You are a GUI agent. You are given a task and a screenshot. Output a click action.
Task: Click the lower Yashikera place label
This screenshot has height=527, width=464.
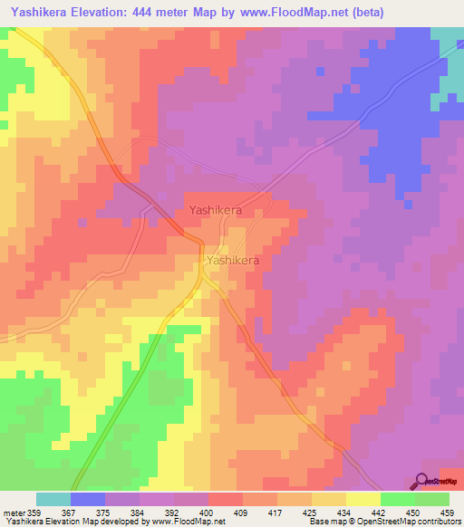tap(234, 260)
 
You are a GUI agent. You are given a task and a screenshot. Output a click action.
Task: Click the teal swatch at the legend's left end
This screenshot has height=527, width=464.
tap(53, 499)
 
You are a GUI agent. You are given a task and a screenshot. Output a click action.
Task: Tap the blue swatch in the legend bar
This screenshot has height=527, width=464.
tap(88, 499)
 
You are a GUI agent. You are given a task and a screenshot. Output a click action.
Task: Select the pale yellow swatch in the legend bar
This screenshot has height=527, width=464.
tap(363, 499)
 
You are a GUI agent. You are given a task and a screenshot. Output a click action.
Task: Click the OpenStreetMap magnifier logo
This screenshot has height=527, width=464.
tap(422, 481)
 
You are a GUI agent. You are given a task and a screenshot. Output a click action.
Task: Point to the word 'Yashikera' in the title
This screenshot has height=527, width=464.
tap(42, 13)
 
